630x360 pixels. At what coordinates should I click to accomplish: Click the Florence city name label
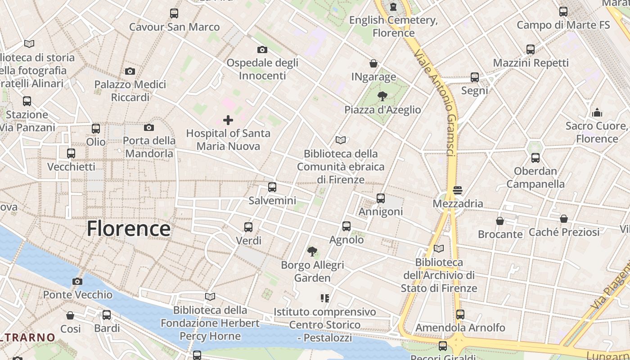[x=128, y=229]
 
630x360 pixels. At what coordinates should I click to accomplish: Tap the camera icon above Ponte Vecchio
[x=77, y=282]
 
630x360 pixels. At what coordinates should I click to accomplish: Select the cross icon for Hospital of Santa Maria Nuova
[x=228, y=120]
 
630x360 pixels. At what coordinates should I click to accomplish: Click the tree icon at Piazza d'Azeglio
[x=382, y=96]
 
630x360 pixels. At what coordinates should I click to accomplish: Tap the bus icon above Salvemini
[x=272, y=187]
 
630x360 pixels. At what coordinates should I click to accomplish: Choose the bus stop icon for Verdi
[x=248, y=227]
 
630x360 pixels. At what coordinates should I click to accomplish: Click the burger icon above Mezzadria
[x=458, y=190]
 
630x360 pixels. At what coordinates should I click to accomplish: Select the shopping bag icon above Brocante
[x=500, y=221]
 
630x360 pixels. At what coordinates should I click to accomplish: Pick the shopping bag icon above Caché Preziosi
[x=564, y=219]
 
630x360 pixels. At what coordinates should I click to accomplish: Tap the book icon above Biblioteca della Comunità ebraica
[x=341, y=140]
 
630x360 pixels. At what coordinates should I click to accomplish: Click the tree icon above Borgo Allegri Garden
[x=312, y=251]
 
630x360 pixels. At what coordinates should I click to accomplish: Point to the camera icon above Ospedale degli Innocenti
[x=262, y=49]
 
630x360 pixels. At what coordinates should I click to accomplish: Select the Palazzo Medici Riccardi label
[x=130, y=91]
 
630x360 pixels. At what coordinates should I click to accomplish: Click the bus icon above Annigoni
[x=381, y=198]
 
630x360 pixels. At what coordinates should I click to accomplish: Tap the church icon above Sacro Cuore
[x=597, y=112]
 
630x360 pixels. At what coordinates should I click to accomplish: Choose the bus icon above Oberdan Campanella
[x=535, y=158]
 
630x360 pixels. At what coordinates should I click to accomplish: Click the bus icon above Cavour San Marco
[x=174, y=13]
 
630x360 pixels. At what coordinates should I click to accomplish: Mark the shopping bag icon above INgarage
[x=373, y=63]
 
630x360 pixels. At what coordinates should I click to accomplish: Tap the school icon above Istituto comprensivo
[x=324, y=298]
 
